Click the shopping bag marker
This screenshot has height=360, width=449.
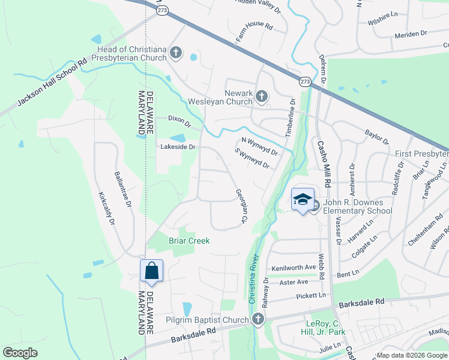151,271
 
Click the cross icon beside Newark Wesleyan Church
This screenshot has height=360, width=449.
261,95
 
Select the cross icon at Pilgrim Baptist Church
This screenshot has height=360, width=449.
258,319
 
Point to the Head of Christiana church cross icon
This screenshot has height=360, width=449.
176,53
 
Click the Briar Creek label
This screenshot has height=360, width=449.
189,241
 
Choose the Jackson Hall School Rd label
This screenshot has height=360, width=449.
52,82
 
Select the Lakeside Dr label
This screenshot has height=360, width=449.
178,146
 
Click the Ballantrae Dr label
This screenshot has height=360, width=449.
122,189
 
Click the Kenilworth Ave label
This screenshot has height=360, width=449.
294,267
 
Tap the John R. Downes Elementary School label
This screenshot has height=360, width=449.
357,206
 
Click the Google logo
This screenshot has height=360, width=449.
20,353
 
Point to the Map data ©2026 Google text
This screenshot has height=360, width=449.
411,355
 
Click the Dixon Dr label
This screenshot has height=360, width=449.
179,121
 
